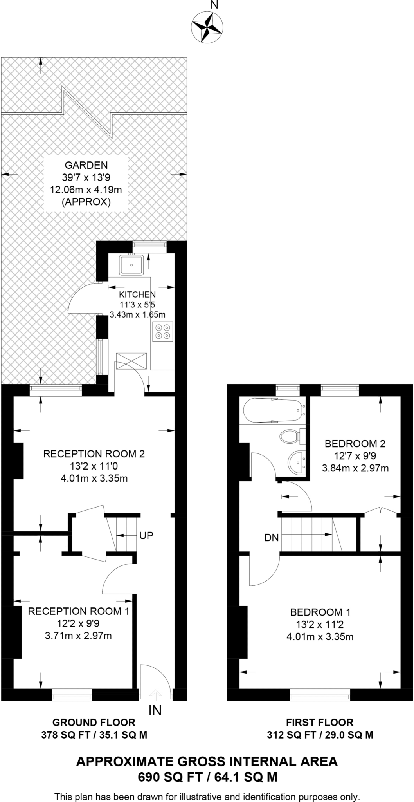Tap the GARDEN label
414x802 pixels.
pyautogui.click(x=86, y=165)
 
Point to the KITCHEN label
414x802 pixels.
pyautogui.click(x=137, y=294)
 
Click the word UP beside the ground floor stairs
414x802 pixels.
pyautogui.click(x=146, y=535)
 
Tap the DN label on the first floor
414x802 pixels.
pyautogui.click(x=272, y=538)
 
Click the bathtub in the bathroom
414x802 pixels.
pyautogui.click(x=274, y=411)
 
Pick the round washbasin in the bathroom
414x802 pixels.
pyautogui.click(x=296, y=462)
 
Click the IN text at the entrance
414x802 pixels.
pyautogui.click(x=155, y=710)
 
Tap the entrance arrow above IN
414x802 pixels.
pyautogui.click(x=156, y=695)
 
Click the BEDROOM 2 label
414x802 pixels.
pyautogui.click(x=355, y=444)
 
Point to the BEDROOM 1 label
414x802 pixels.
pyautogui.click(x=320, y=612)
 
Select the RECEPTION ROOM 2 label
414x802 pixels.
pyautogui.click(x=94, y=454)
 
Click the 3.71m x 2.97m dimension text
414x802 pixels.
pyautogui.click(x=79, y=636)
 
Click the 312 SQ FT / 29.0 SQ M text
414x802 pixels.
pyautogui.click(x=320, y=735)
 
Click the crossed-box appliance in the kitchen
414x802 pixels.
pyautogui.click(x=131, y=361)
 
